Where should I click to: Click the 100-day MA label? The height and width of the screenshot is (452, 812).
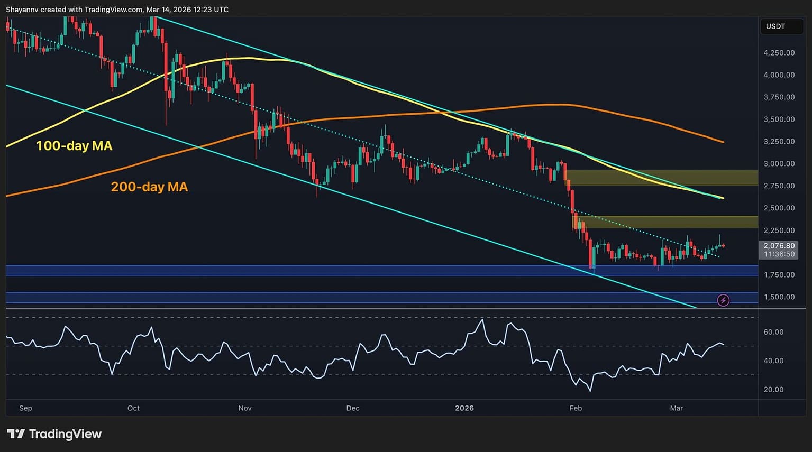tap(74, 146)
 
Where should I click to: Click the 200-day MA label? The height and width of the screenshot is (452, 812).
tap(149, 187)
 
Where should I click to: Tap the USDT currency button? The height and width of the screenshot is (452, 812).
tap(775, 26)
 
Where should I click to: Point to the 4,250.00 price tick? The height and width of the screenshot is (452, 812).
tap(779, 53)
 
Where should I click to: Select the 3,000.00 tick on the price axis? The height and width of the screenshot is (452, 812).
tap(779, 164)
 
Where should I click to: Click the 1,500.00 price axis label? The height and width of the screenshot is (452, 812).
tap(779, 297)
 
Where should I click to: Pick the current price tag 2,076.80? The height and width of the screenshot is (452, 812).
tap(779, 246)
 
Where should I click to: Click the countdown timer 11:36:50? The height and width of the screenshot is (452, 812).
tap(779, 254)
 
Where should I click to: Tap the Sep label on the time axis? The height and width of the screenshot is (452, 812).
tap(25, 408)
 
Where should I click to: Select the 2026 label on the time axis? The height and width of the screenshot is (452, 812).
tap(464, 408)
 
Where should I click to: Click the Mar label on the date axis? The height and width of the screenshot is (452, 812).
tap(676, 408)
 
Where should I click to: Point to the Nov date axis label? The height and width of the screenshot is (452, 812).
tap(245, 408)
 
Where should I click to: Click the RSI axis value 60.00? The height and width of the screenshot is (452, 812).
tap(773, 332)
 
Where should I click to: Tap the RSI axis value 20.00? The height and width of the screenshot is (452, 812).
tap(773, 390)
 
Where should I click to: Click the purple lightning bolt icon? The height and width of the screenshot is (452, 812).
tap(723, 300)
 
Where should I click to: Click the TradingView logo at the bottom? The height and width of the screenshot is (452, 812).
tap(54, 434)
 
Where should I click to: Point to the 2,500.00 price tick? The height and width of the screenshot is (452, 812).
tap(779, 208)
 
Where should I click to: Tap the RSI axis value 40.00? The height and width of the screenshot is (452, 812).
tap(773, 361)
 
